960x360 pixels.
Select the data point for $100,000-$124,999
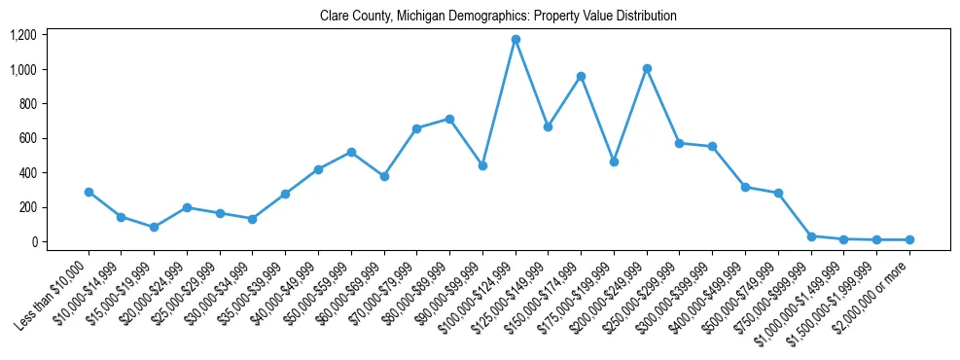pos(516,40)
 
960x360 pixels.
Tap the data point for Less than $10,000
pos(89,192)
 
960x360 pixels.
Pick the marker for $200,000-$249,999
pos(647,68)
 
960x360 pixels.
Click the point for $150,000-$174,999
pos(581,76)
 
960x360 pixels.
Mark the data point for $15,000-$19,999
pos(154,227)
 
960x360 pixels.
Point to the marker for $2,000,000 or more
pos(909,239)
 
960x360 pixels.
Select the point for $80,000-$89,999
pos(449,119)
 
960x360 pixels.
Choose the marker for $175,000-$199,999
pos(614,162)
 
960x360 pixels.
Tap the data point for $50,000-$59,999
pos(351,152)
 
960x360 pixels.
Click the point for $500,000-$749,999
pos(778,193)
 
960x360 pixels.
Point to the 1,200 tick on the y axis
pos(23,35)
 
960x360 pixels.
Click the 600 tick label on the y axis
pos(27,138)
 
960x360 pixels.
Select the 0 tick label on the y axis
pos(33,241)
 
